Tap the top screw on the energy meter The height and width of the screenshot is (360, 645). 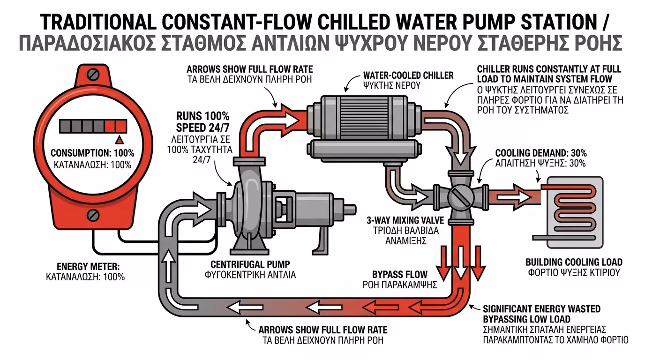tap(93, 74)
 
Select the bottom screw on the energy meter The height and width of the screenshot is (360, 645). tap(93, 216)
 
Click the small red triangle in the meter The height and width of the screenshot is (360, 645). tap(120, 139)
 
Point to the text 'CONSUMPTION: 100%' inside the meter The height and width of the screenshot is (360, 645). tap(92, 153)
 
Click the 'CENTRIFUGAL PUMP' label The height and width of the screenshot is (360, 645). tap(250, 264)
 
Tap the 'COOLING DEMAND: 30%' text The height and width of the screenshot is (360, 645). tap(541, 153)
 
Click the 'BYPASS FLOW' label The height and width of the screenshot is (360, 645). tap(399, 274)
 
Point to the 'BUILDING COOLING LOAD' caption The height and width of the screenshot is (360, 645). tap(574, 262)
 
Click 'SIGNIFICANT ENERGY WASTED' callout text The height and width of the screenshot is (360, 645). tap(542, 309)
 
